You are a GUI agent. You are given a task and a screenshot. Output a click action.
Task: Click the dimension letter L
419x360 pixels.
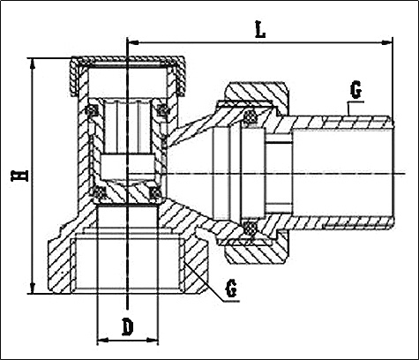click(x=260, y=30)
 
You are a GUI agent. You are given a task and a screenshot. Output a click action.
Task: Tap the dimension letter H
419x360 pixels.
click(x=19, y=176)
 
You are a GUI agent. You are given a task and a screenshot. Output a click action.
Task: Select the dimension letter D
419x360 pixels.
click(x=128, y=328)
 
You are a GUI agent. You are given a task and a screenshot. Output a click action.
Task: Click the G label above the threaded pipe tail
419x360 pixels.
click(x=355, y=91)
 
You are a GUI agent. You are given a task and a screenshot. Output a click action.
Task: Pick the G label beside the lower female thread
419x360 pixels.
click(x=231, y=289)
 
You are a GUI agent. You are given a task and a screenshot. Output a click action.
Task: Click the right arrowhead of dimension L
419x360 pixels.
click(x=387, y=43)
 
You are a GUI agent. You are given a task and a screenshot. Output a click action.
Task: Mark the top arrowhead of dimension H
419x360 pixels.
click(x=33, y=64)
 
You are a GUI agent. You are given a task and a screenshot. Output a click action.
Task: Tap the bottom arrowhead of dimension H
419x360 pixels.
click(x=33, y=288)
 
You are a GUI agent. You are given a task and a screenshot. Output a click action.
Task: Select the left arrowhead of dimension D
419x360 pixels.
click(x=102, y=341)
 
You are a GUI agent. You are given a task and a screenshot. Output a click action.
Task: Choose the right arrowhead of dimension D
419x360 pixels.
click(x=153, y=341)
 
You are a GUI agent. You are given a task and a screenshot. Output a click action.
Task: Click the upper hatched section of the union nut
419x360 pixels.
click(x=255, y=94)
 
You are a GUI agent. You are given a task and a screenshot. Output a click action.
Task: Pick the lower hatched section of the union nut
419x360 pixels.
click(x=255, y=251)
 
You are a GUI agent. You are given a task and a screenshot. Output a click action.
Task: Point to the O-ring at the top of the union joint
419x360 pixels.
click(x=251, y=116)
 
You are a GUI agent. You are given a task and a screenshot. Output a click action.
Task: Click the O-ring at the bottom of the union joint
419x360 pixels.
click(x=251, y=227)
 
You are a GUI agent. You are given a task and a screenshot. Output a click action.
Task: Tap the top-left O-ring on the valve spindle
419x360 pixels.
click(x=93, y=110)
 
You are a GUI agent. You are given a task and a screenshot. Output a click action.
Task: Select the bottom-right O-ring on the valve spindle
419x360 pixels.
click(x=155, y=193)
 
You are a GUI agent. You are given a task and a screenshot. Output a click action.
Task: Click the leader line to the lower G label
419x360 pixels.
click(x=213, y=282)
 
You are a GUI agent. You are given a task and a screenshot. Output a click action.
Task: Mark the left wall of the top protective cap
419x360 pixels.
click(x=74, y=77)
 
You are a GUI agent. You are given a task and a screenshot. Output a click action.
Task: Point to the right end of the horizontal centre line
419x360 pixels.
click(x=406, y=174)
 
